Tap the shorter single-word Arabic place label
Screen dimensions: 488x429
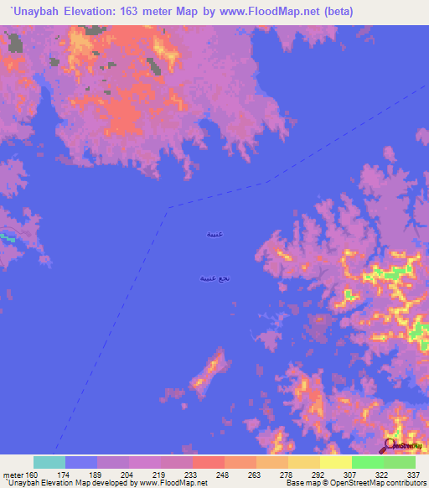click(215, 235)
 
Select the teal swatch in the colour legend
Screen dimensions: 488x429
click(49, 462)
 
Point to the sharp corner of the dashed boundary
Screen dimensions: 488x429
click(168, 208)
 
